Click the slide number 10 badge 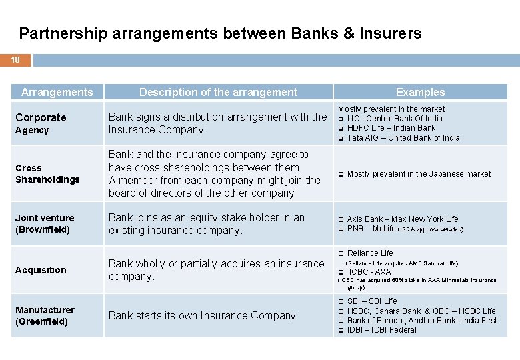point(15,60)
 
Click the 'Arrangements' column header point(57,92)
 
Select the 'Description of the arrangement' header point(218,92)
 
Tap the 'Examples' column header point(420,92)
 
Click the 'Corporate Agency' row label point(41,123)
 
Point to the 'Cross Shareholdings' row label point(47,173)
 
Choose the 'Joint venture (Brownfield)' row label point(45,223)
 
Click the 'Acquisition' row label point(41,270)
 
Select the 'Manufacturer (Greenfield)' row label point(45,315)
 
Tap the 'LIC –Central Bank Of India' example point(395,119)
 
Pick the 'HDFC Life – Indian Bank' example point(391,128)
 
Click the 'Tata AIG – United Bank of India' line point(403,138)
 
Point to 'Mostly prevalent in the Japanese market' point(419,174)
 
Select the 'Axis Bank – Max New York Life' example point(403,219)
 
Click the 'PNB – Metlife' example point(371,229)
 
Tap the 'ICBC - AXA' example point(370,272)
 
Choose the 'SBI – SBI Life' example point(372,301)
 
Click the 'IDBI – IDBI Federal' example point(381,330)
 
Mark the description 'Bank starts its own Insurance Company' point(201,315)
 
